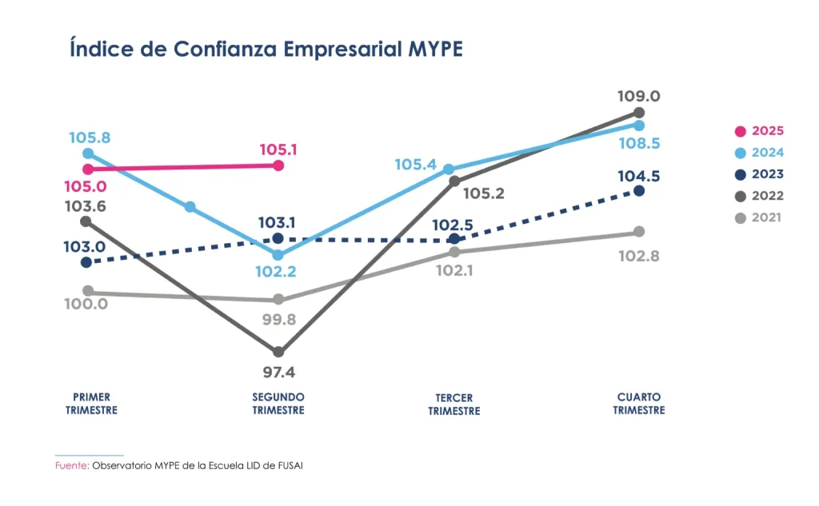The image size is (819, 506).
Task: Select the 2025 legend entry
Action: tap(760, 131)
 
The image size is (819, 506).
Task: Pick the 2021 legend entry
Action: tap(760, 217)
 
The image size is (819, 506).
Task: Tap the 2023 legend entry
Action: tap(760, 174)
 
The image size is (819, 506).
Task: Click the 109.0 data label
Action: tap(638, 96)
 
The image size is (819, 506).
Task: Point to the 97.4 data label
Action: tap(278, 373)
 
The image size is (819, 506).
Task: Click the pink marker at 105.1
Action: tap(278, 165)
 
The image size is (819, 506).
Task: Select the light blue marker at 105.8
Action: tap(88, 153)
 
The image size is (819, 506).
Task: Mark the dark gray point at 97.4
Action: tap(278, 352)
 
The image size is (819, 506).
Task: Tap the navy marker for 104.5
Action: tap(639, 190)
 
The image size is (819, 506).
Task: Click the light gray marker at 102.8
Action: tap(639, 232)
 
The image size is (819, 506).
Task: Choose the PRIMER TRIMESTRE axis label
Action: tap(91, 404)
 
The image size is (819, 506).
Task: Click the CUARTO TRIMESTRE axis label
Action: tap(639, 404)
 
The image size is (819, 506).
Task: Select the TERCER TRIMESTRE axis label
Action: tap(454, 404)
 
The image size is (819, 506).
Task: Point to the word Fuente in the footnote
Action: tap(71, 465)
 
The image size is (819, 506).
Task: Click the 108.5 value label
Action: tap(638, 144)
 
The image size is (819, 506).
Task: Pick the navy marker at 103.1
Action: tap(278, 238)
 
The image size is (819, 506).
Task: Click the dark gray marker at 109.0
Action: tap(639, 113)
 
